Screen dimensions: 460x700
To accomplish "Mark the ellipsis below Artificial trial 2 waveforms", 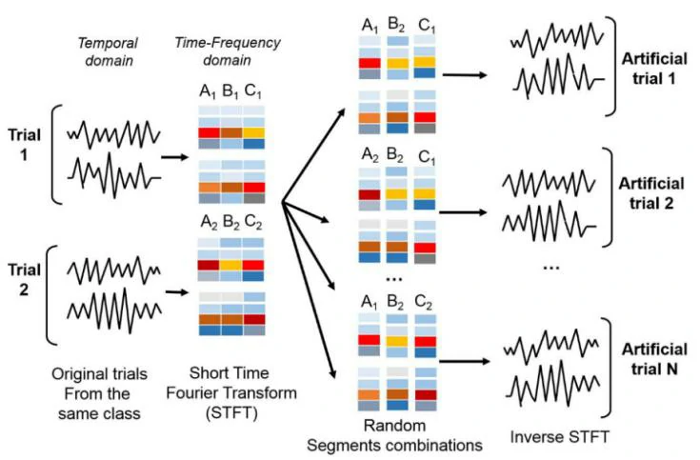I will (550, 267).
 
